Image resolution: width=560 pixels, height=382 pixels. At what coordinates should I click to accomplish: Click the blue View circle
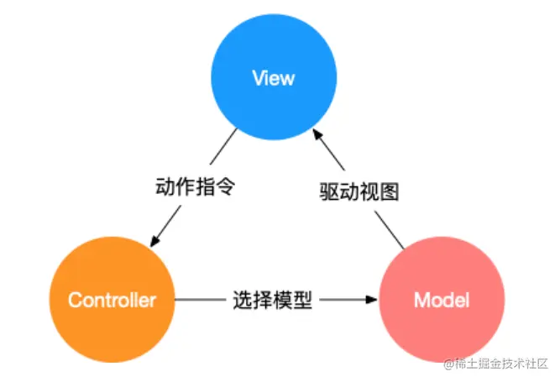pos(274,78)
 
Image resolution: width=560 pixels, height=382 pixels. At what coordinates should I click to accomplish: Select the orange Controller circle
pos(112,299)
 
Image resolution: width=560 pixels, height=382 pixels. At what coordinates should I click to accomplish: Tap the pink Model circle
pos(442,299)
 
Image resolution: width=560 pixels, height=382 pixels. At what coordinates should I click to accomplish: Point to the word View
pos(274,79)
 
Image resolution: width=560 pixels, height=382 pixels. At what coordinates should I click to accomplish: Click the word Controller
pos(112,300)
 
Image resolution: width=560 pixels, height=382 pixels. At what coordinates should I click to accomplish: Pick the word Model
pos(442,300)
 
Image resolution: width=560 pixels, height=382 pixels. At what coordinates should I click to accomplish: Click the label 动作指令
pos(194,186)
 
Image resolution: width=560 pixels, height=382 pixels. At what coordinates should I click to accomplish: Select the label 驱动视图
pos(359,191)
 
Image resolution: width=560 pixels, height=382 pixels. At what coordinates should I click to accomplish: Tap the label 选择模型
pos(272,300)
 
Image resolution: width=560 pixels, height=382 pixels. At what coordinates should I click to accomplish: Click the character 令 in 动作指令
pos(222,186)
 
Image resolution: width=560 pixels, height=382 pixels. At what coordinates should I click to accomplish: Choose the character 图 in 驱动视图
pos(387,191)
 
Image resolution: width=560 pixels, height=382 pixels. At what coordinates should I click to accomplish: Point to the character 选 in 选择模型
pos(243,300)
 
